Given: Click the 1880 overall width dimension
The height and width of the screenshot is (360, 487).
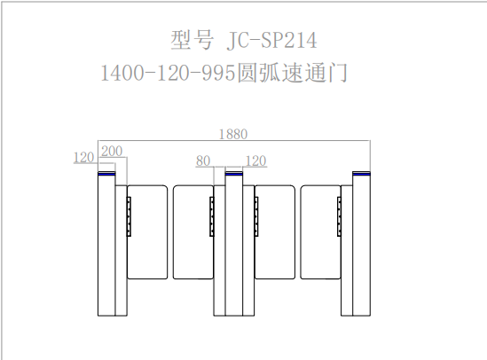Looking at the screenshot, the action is (233, 135).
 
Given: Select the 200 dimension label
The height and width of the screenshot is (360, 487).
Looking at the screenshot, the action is (112, 152).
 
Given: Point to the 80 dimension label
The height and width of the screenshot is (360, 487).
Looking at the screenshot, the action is (203, 161).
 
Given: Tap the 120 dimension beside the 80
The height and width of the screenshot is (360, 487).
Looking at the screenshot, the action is (256, 161).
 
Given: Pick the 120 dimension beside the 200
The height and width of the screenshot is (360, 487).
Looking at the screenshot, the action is (83, 157).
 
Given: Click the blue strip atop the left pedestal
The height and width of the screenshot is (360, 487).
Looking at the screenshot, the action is (106, 174).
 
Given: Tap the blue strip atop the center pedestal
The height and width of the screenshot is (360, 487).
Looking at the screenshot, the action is (234, 174).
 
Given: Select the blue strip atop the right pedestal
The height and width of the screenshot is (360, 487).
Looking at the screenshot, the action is (361, 174).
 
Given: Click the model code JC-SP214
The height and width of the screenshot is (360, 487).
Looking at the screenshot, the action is (271, 41).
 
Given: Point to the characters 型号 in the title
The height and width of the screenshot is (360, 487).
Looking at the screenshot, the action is (192, 40).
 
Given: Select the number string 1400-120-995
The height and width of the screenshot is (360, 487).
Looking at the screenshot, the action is (168, 74).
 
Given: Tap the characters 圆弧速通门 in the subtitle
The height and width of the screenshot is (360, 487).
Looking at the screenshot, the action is (292, 73).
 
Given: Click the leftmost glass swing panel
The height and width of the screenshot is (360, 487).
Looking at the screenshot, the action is (147, 232).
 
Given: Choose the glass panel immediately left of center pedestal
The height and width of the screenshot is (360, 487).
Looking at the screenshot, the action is (193, 232).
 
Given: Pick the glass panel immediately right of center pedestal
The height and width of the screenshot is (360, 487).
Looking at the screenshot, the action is (275, 232).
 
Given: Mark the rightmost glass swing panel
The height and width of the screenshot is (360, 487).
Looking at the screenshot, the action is (320, 232).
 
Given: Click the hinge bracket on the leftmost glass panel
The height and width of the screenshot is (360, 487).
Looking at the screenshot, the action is (129, 216).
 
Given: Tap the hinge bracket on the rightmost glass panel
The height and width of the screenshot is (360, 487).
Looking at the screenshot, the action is (339, 216).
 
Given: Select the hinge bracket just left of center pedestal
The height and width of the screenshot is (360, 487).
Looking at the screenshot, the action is (212, 216).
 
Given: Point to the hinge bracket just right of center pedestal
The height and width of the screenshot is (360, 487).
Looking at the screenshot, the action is (256, 216).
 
